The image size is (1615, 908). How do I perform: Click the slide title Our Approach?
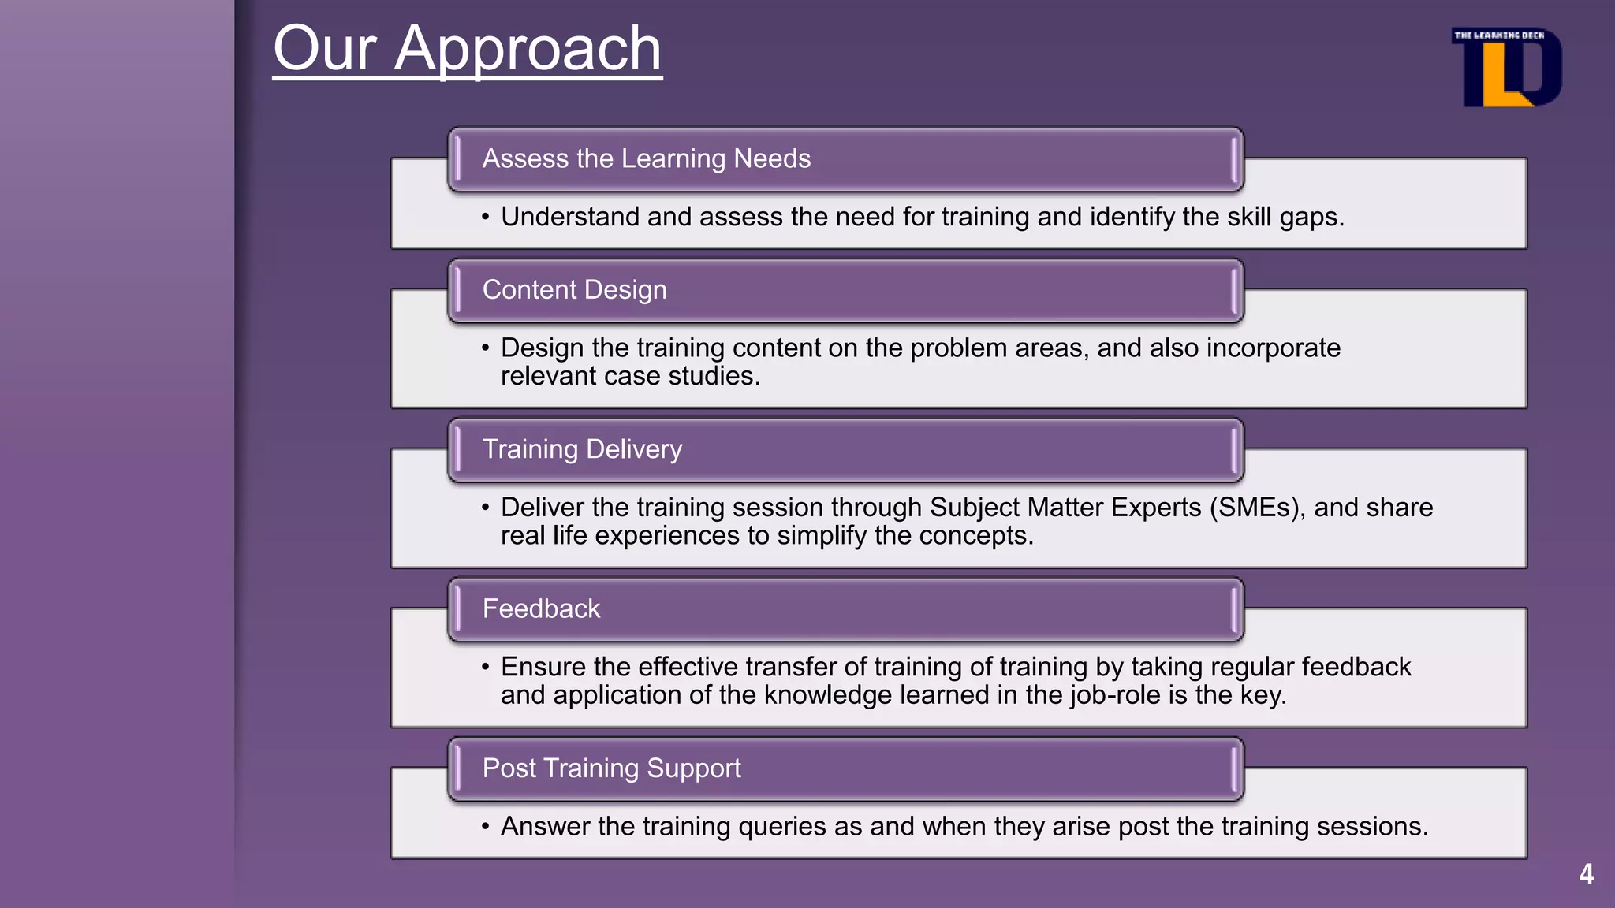tap(467, 49)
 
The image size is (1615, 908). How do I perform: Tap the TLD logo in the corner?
tap(1506, 68)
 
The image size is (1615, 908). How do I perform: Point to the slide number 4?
tap(1587, 874)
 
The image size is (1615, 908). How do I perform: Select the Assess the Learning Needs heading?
tap(646, 158)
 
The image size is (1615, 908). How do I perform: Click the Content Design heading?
tap(574, 290)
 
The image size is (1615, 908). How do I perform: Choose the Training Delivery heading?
tap(582, 449)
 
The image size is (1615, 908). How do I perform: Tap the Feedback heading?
tap(541, 608)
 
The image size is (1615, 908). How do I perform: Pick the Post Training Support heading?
tap(611, 768)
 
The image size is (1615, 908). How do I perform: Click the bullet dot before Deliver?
tap(486, 508)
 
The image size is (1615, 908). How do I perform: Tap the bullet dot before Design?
tap(486, 348)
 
